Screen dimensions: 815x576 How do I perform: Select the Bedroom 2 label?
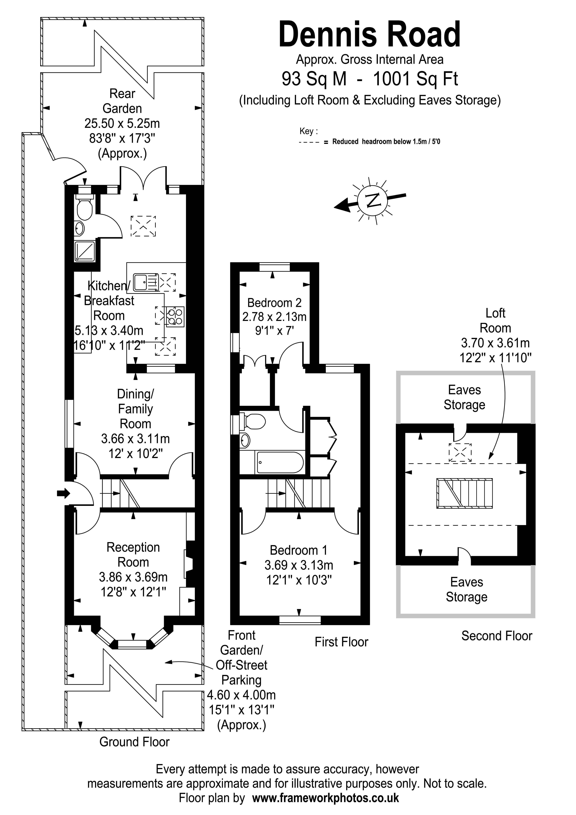point(274,303)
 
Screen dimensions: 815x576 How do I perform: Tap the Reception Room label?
point(133,555)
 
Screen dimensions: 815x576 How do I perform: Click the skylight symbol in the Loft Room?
point(460,452)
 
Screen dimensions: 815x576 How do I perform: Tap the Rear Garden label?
point(122,101)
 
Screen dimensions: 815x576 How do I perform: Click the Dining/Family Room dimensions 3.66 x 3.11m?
point(135,439)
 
